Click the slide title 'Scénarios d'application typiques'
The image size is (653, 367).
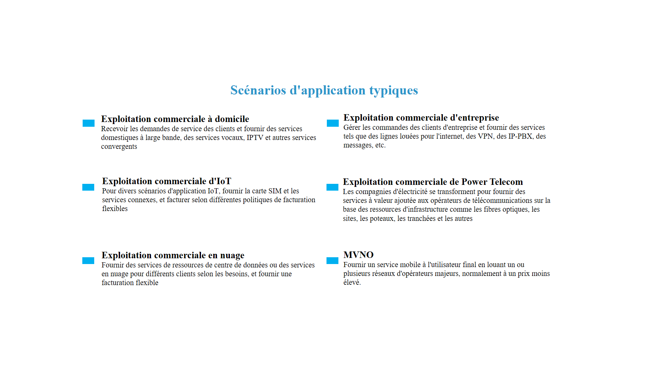click(x=324, y=90)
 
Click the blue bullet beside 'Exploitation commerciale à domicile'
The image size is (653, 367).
click(x=88, y=123)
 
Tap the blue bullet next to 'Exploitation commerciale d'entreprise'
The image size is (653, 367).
click(x=333, y=123)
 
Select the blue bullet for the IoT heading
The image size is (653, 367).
click(x=88, y=187)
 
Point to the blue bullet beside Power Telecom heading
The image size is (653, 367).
click(x=332, y=187)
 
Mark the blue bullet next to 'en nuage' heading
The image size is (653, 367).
click(x=88, y=261)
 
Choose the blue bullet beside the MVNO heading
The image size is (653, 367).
click(x=332, y=261)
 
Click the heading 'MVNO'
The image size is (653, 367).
click(x=358, y=255)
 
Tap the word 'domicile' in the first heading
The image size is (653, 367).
click(x=232, y=119)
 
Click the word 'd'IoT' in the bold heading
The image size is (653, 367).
click(x=220, y=181)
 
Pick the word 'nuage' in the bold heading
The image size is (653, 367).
click(x=232, y=256)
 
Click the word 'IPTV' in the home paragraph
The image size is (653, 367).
click(x=255, y=138)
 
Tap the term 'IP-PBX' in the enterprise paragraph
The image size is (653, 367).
click(x=520, y=136)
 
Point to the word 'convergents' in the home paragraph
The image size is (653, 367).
click(x=119, y=146)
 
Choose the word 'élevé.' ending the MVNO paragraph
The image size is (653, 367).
click(x=352, y=282)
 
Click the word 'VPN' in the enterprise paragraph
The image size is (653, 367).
click(x=485, y=136)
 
